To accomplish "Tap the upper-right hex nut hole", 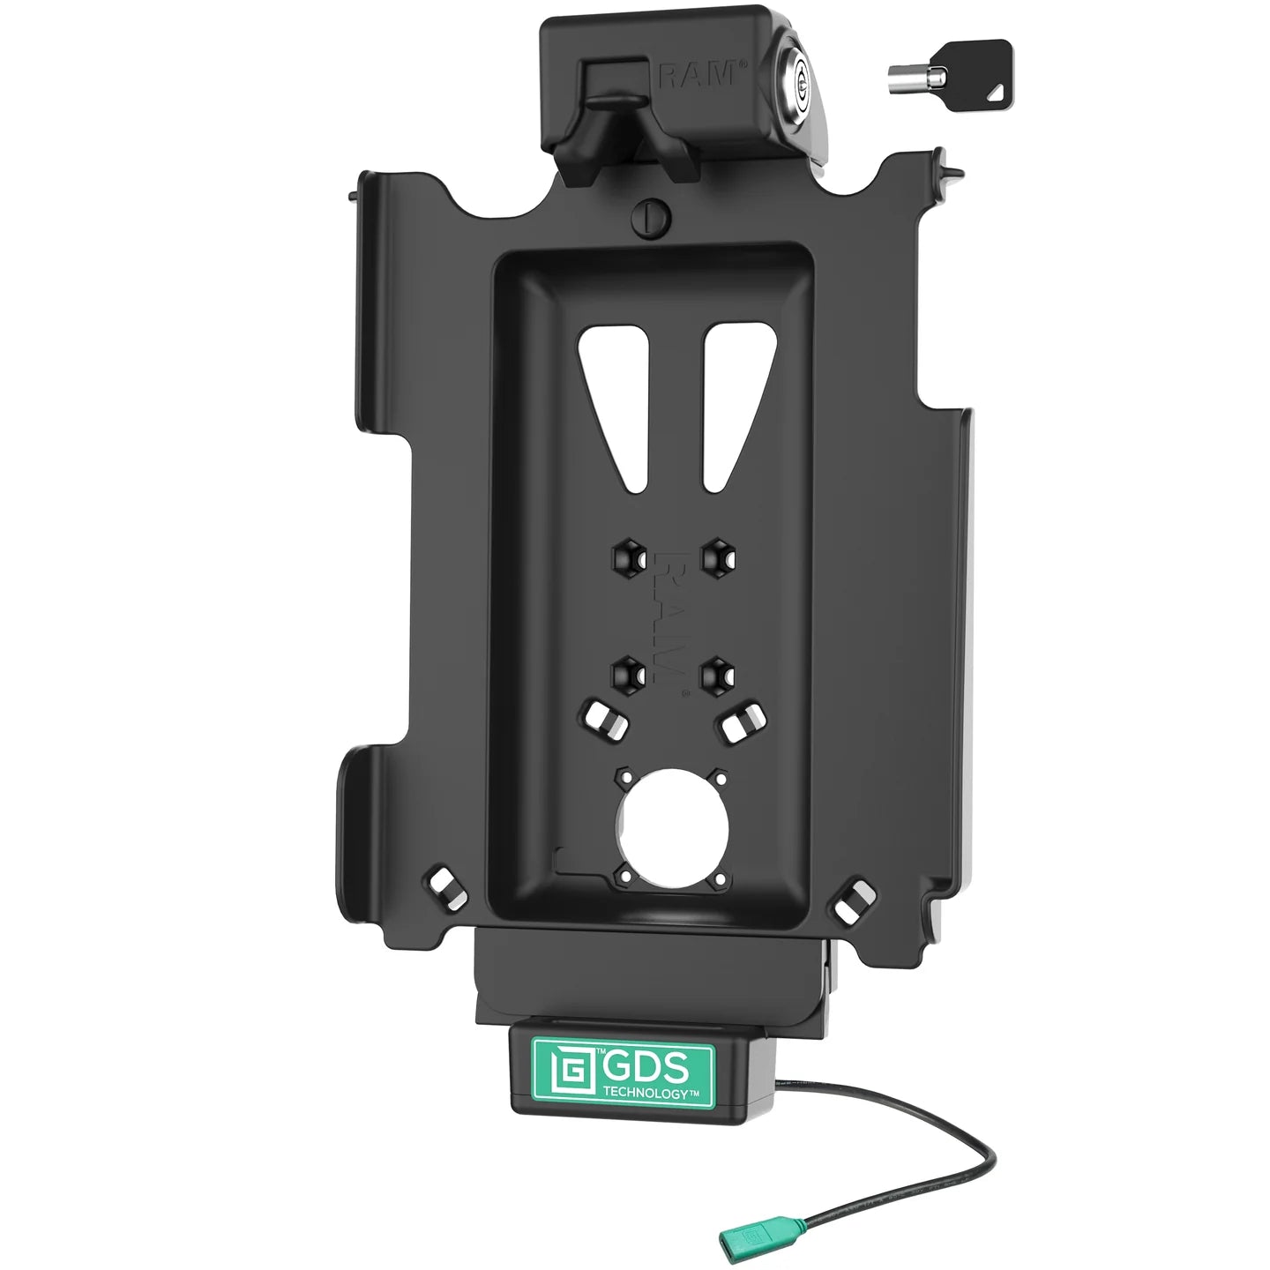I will tap(717, 557).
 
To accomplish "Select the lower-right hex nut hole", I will tap(716, 673).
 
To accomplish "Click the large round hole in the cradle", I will tap(672, 826).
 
